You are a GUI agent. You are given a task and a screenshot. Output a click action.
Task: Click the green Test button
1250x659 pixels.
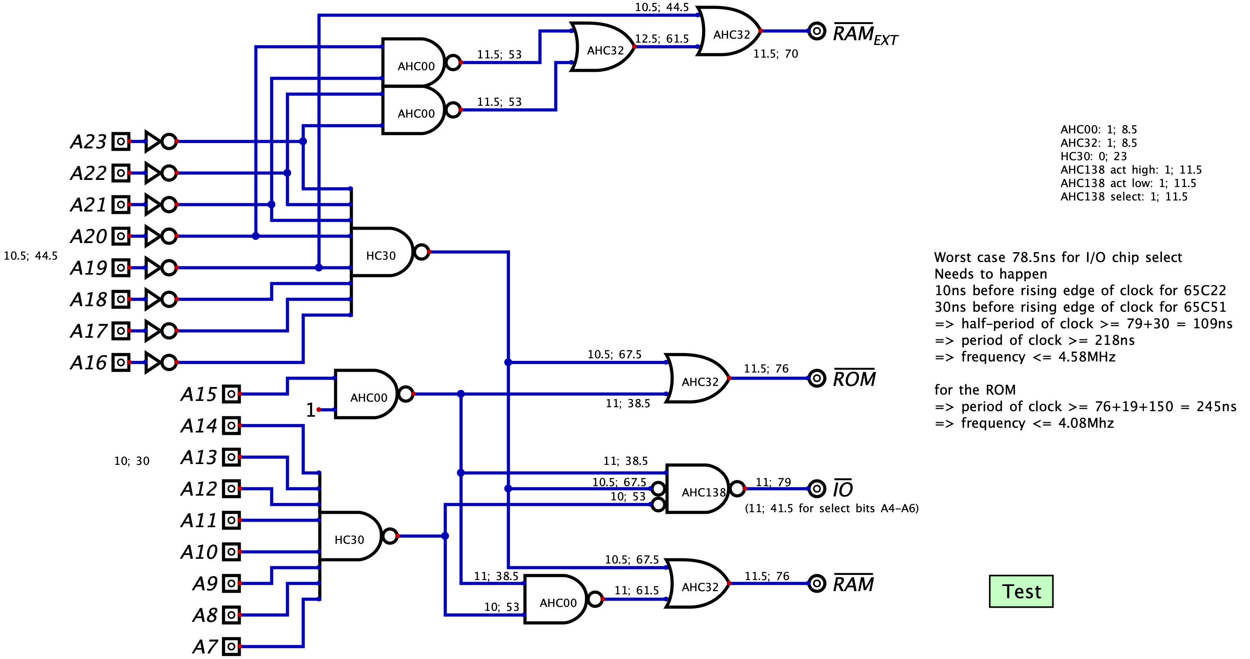[1021, 591]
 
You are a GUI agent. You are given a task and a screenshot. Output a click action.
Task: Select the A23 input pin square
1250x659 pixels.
[121, 142]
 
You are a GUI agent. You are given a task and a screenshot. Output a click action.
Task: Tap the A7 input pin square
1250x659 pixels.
[232, 646]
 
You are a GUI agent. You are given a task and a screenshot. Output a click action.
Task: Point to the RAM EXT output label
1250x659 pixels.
[865, 34]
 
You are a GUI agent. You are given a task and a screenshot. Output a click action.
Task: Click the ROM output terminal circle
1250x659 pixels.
[817, 378]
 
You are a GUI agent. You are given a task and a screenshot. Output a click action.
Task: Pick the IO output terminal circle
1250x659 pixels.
[817, 489]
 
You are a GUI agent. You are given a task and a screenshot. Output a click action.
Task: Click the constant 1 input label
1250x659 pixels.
[311, 410]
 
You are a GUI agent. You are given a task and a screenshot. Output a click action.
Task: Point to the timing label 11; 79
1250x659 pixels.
[773, 482]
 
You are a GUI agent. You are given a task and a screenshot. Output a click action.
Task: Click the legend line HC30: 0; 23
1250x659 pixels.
[1093, 156]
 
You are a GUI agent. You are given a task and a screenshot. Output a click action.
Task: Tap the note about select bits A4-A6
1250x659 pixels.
[831, 508]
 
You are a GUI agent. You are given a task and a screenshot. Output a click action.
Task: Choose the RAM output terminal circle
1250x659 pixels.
[817, 583]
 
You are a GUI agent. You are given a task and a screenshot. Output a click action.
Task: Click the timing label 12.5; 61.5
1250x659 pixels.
[662, 39]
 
